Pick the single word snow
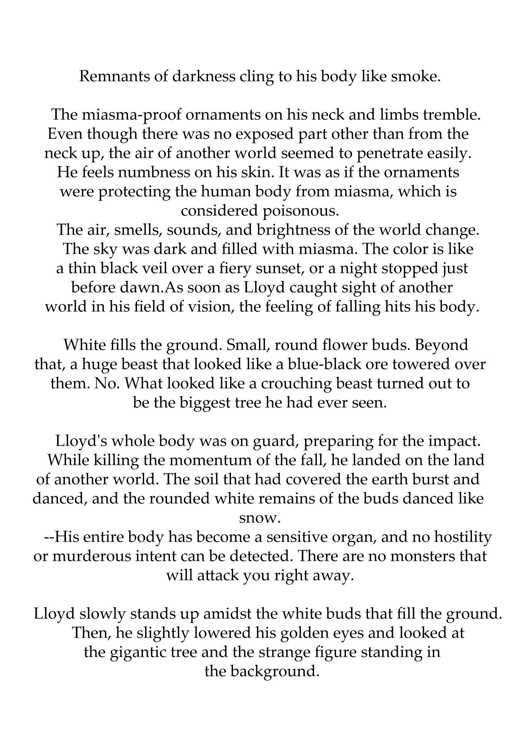260,518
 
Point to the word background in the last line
275,671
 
